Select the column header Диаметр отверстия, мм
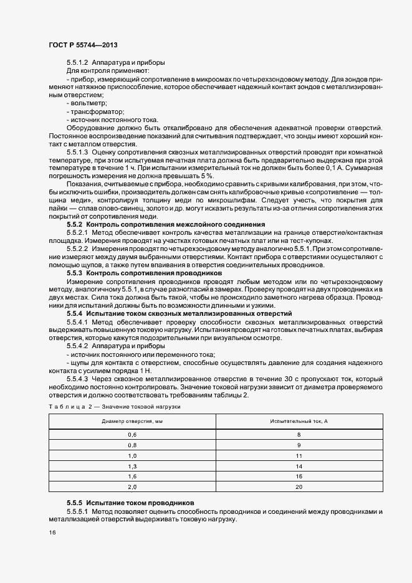132,422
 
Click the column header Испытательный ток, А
299,422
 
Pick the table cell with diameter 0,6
132,434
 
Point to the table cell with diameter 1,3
132,465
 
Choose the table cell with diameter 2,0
132,486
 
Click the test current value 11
299,455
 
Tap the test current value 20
299,486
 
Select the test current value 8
299,434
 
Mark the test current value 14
299,465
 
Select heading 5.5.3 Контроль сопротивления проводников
144,273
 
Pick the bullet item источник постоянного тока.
112,120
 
